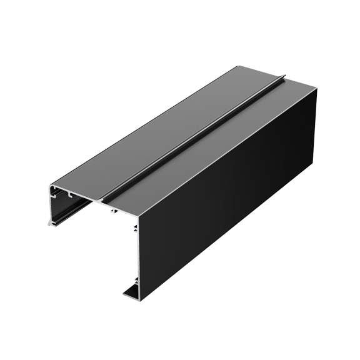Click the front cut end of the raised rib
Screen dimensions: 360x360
point(105,199)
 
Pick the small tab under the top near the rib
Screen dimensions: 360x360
point(112,212)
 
